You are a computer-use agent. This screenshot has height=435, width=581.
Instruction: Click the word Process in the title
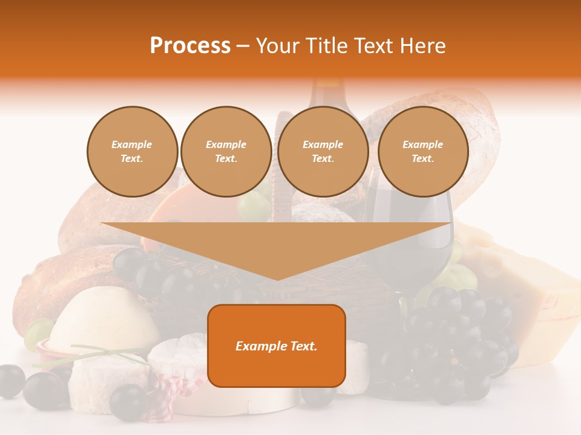coord(190,46)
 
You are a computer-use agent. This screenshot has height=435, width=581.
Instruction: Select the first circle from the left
coord(132,152)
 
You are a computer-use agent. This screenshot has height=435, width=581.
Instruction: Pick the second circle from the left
coord(226,152)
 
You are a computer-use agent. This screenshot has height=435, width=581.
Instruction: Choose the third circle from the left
coord(323,152)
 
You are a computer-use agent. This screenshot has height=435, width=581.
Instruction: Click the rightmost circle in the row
coord(422,152)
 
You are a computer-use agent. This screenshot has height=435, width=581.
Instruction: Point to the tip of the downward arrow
coord(277,279)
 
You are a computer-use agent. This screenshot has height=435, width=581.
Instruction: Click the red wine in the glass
coord(412,242)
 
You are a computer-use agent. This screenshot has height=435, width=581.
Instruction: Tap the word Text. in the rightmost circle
coord(422,159)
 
